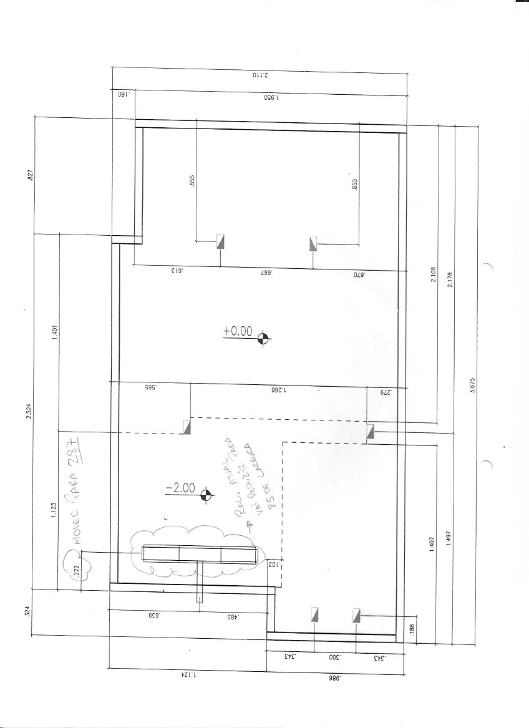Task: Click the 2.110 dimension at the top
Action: [x=260, y=74]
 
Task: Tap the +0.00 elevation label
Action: [x=238, y=332]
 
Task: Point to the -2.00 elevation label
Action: [x=180, y=488]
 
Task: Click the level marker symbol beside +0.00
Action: [x=264, y=338]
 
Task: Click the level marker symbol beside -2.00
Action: [x=205, y=496]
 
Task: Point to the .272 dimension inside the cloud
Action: [x=77, y=570]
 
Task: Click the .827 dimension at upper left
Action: [x=29, y=175]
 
